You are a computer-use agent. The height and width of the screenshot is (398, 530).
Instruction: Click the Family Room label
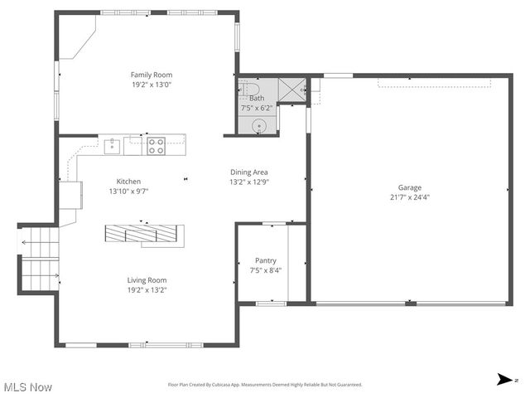[x=151, y=74]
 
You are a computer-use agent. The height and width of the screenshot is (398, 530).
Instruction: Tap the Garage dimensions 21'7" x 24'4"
[x=409, y=197]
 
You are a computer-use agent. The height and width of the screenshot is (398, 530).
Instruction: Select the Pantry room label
[x=265, y=260]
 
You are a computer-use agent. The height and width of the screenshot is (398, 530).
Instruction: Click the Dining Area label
[x=248, y=172]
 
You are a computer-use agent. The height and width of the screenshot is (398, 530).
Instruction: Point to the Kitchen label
[x=128, y=182]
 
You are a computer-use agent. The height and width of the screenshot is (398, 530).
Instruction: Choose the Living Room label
[x=147, y=280]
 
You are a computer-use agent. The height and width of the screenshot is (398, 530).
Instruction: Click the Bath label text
[x=257, y=98]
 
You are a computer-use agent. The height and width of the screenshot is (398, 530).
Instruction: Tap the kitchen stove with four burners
[x=156, y=147]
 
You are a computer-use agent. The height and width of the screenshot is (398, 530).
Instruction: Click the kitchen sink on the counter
[x=112, y=147]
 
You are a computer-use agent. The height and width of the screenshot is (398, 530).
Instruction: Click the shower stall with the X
[x=291, y=89]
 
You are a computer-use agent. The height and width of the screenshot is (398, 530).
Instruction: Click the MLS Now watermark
[x=27, y=387]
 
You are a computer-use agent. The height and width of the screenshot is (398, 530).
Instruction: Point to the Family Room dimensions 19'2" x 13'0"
[x=151, y=84]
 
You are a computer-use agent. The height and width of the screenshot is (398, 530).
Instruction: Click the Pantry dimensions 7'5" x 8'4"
[x=265, y=270]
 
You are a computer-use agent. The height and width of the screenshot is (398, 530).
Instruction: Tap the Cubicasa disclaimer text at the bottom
[x=265, y=385]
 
